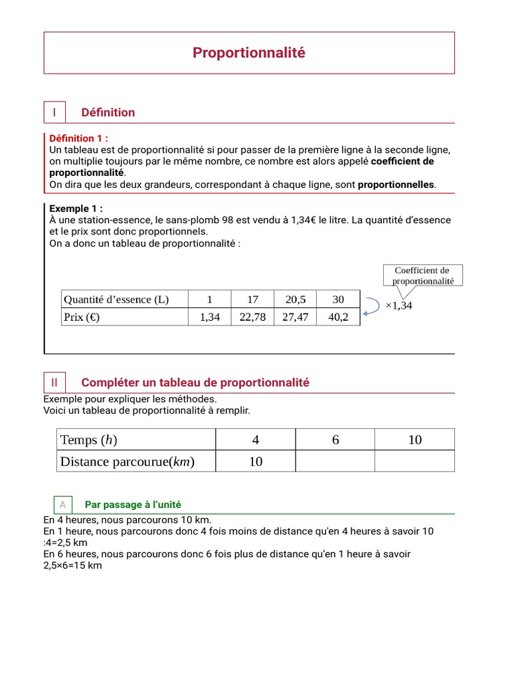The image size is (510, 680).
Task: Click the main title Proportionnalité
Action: click(x=249, y=53)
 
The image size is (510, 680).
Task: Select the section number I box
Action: click(x=54, y=113)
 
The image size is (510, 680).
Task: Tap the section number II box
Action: click(x=54, y=382)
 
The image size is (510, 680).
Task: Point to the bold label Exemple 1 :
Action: click(x=76, y=209)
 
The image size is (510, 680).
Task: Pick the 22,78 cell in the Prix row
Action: click(x=252, y=317)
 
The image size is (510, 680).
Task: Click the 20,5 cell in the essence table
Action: click(x=296, y=299)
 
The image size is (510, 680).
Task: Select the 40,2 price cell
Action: click(x=338, y=317)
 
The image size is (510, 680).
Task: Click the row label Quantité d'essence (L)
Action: click(x=116, y=299)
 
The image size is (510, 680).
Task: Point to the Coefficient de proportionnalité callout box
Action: click(x=422, y=275)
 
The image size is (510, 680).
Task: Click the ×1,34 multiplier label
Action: click(x=398, y=305)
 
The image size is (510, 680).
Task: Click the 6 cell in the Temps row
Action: click(x=335, y=440)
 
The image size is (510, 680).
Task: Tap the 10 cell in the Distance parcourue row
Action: click(x=256, y=462)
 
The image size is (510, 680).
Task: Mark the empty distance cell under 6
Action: click(x=335, y=462)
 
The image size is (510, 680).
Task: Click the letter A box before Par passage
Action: click(x=62, y=505)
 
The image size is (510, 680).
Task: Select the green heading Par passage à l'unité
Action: click(x=133, y=505)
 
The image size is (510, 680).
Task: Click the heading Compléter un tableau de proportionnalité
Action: click(x=195, y=382)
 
